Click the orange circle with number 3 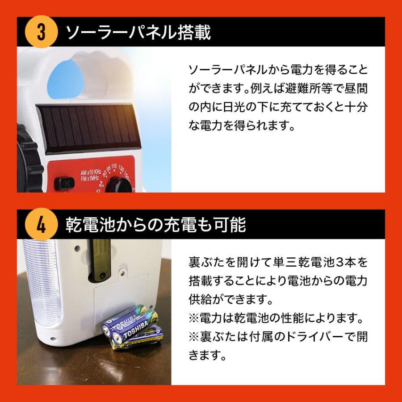[x=41, y=33]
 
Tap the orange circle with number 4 [x=41, y=225]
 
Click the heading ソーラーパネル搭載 [x=138, y=33]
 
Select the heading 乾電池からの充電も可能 [x=156, y=225]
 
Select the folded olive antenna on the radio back [x=99, y=259]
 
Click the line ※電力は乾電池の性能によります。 [x=274, y=318]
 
